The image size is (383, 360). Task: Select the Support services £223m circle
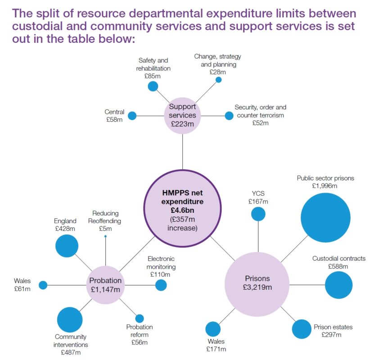pyautogui.click(x=182, y=116)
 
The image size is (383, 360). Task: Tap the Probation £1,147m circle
pyautogui.click(x=105, y=285)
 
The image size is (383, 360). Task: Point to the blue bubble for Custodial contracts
pyautogui.click(x=338, y=285)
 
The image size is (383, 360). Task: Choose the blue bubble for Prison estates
pyautogui.click(x=301, y=329)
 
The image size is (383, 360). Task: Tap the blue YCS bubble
pyautogui.click(x=258, y=214)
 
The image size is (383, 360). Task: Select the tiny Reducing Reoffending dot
pyautogui.click(x=105, y=236)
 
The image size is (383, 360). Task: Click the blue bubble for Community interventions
pyautogui.click(x=70, y=319)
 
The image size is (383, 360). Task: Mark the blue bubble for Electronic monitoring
pyautogui.click(x=161, y=285)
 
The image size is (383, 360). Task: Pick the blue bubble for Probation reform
pyautogui.click(x=140, y=319)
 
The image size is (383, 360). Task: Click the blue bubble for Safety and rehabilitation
pyautogui.click(x=153, y=86)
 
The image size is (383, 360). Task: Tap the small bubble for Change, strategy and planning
pyautogui.click(x=219, y=80)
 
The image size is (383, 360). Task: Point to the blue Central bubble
pyautogui.click(x=132, y=116)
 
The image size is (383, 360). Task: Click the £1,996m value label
pyautogui.click(x=325, y=185)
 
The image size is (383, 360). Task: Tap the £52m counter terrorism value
pyautogui.click(x=260, y=123)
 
